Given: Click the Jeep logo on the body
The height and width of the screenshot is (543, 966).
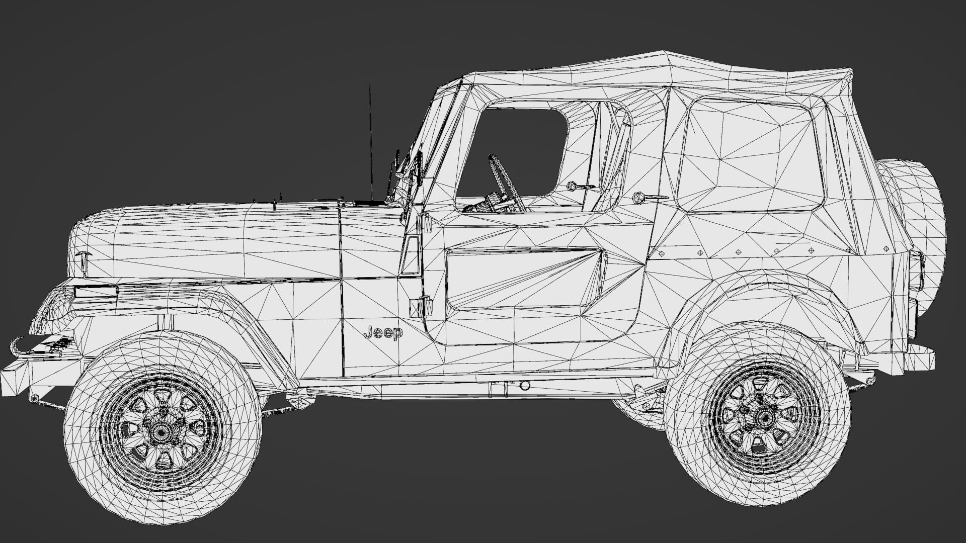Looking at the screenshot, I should tap(383, 333).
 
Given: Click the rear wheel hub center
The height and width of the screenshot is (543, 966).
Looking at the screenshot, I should tap(763, 415).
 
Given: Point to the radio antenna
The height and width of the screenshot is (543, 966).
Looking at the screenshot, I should tap(371, 141).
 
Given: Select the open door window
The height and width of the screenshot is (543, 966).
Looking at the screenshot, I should tap(513, 151).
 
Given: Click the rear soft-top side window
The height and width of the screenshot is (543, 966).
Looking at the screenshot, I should tap(750, 156).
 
